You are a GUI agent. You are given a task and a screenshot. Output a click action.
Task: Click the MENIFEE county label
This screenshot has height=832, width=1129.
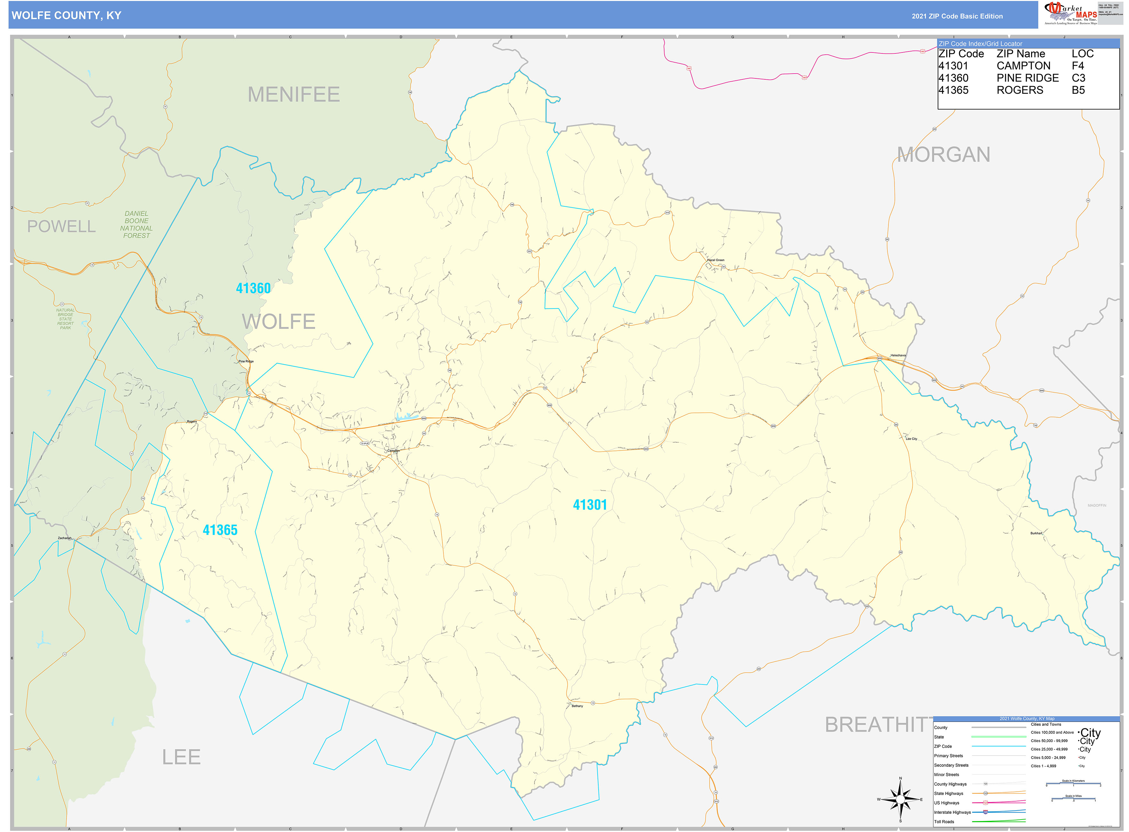pyautogui.click(x=294, y=95)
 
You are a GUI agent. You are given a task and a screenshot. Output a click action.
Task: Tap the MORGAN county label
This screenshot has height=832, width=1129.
pyautogui.click(x=943, y=155)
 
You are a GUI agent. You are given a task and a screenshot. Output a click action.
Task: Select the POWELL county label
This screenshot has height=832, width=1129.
pyautogui.click(x=61, y=227)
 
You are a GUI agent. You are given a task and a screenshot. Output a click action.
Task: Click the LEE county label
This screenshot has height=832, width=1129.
pyautogui.click(x=181, y=757)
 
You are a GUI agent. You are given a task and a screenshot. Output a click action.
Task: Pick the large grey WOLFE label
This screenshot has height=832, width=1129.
pyautogui.click(x=278, y=321)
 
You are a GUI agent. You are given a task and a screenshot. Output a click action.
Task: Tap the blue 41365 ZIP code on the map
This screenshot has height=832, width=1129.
pyautogui.click(x=220, y=530)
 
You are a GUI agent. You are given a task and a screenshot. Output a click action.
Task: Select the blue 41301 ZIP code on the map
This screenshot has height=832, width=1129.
pyautogui.click(x=590, y=505)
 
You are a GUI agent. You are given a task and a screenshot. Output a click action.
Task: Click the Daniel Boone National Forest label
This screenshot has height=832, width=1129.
pyautogui.click(x=137, y=225)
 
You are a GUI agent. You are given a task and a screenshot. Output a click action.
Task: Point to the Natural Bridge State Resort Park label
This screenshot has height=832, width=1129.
pyautogui.click(x=66, y=319)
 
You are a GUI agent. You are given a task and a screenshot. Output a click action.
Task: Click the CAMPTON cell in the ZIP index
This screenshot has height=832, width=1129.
pyautogui.click(x=1023, y=66)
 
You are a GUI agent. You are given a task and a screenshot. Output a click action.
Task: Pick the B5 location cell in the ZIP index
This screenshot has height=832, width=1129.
pyautogui.click(x=1078, y=90)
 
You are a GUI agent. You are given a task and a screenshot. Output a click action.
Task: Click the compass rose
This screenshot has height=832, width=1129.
pyautogui.click(x=900, y=799)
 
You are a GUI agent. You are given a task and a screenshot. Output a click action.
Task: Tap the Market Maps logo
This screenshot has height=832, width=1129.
pyautogui.click(x=1070, y=13)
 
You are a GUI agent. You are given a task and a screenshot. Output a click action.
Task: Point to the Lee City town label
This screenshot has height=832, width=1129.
pyautogui.click(x=911, y=439)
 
